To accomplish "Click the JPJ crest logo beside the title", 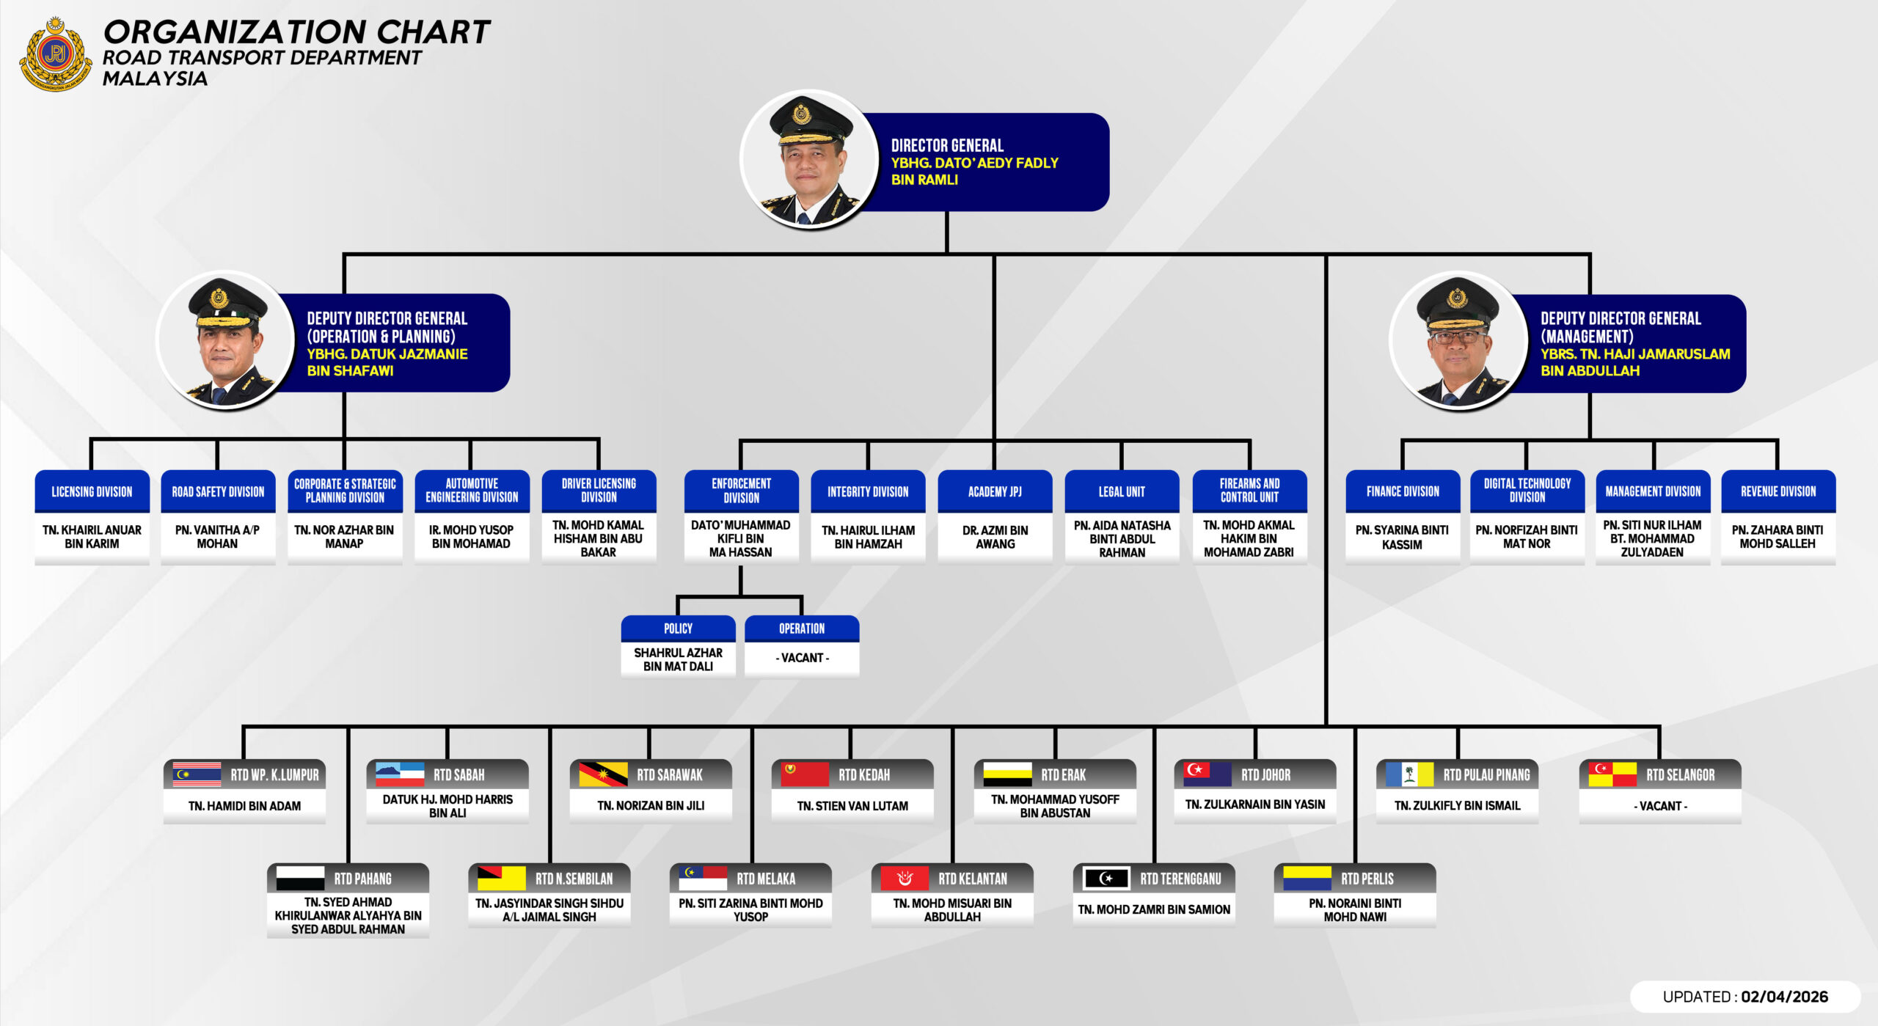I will pyautogui.click(x=55, y=54).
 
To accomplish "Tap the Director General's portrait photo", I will pyautogui.click(x=809, y=160).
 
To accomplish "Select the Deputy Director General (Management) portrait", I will pyautogui.click(x=1458, y=341).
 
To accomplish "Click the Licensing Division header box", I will pyautogui.click(x=92, y=491).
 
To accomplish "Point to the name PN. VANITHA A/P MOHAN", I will pyautogui.click(x=217, y=537).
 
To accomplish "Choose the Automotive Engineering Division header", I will pyautogui.click(x=472, y=491).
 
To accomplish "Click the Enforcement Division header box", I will pyautogui.click(x=741, y=491).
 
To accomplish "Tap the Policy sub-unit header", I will pyautogui.click(x=678, y=629).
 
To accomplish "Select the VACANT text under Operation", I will pyautogui.click(x=802, y=658).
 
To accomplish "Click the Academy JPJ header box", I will pyautogui.click(x=995, y=491).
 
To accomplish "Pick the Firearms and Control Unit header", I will pyautogui.click(x=1249, y=491).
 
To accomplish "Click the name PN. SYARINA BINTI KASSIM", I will pyautogui.click(x=1402, y=538).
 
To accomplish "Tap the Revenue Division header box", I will pyautogui.click(x=1778, y=491).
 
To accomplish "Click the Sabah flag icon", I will pyautogui.click(x=400, y=774).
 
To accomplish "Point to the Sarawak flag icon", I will pyautogui.click(x=602, y=774).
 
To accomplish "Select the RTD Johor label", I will pyautogui.click(x=1265, y=775).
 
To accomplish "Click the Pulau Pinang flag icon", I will pyautogui.click(x=1408, y=774).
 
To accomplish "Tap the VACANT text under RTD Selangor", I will pyautogui.click(x=1660, y=806).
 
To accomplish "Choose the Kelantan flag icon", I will pyautogui.click(x=905, y=879).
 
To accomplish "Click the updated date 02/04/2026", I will pyautogui.click(x=1784, y=997).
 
